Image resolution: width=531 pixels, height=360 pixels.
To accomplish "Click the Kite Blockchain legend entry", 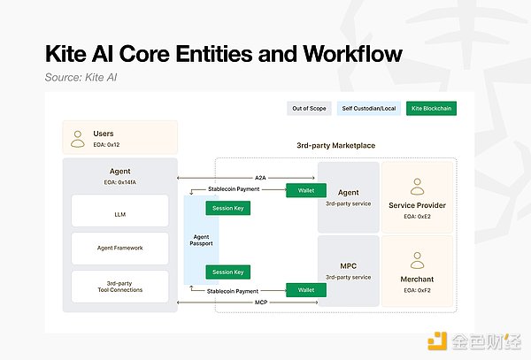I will tap(431, 109).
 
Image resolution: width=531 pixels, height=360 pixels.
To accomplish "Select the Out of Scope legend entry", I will tap(310, 109).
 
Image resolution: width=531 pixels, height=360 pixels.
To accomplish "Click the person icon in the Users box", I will tap(79, 139).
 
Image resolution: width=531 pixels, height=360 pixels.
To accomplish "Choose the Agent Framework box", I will tap(120, 249).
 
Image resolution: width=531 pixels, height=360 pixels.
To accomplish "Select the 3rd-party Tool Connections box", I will tap(120, 286).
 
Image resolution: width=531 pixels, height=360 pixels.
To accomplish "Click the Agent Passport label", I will tap(201, 239).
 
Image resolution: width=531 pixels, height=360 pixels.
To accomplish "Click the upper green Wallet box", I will tap(306, 189).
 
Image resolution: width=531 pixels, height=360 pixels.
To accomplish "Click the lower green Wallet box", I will tap(306, 289).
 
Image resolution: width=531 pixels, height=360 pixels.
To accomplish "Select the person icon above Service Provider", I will tap(416, 187).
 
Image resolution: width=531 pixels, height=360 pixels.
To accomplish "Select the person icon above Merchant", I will tap(416, 260).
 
